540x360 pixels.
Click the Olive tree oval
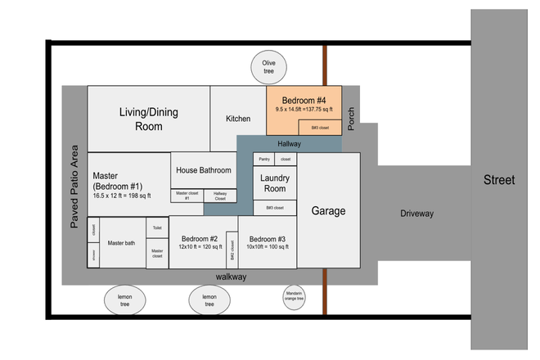coord(268,67)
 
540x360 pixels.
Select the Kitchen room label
coord(238,119)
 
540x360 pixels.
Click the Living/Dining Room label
coord(148,119)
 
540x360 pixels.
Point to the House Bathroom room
coord(203,169)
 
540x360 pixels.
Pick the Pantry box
coord(264,159)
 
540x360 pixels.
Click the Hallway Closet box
coord(220,196)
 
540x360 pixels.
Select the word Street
coord(499,180)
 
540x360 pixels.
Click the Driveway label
coord(417,214)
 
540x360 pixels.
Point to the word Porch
coord(350,119)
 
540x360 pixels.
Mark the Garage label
coord(328,211)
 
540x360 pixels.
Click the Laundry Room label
coord(274,183)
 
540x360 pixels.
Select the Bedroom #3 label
coord(268,239)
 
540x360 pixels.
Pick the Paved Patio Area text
coord(74,186)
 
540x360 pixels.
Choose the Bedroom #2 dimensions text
coord(202,246)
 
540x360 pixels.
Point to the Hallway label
coord(290,144)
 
